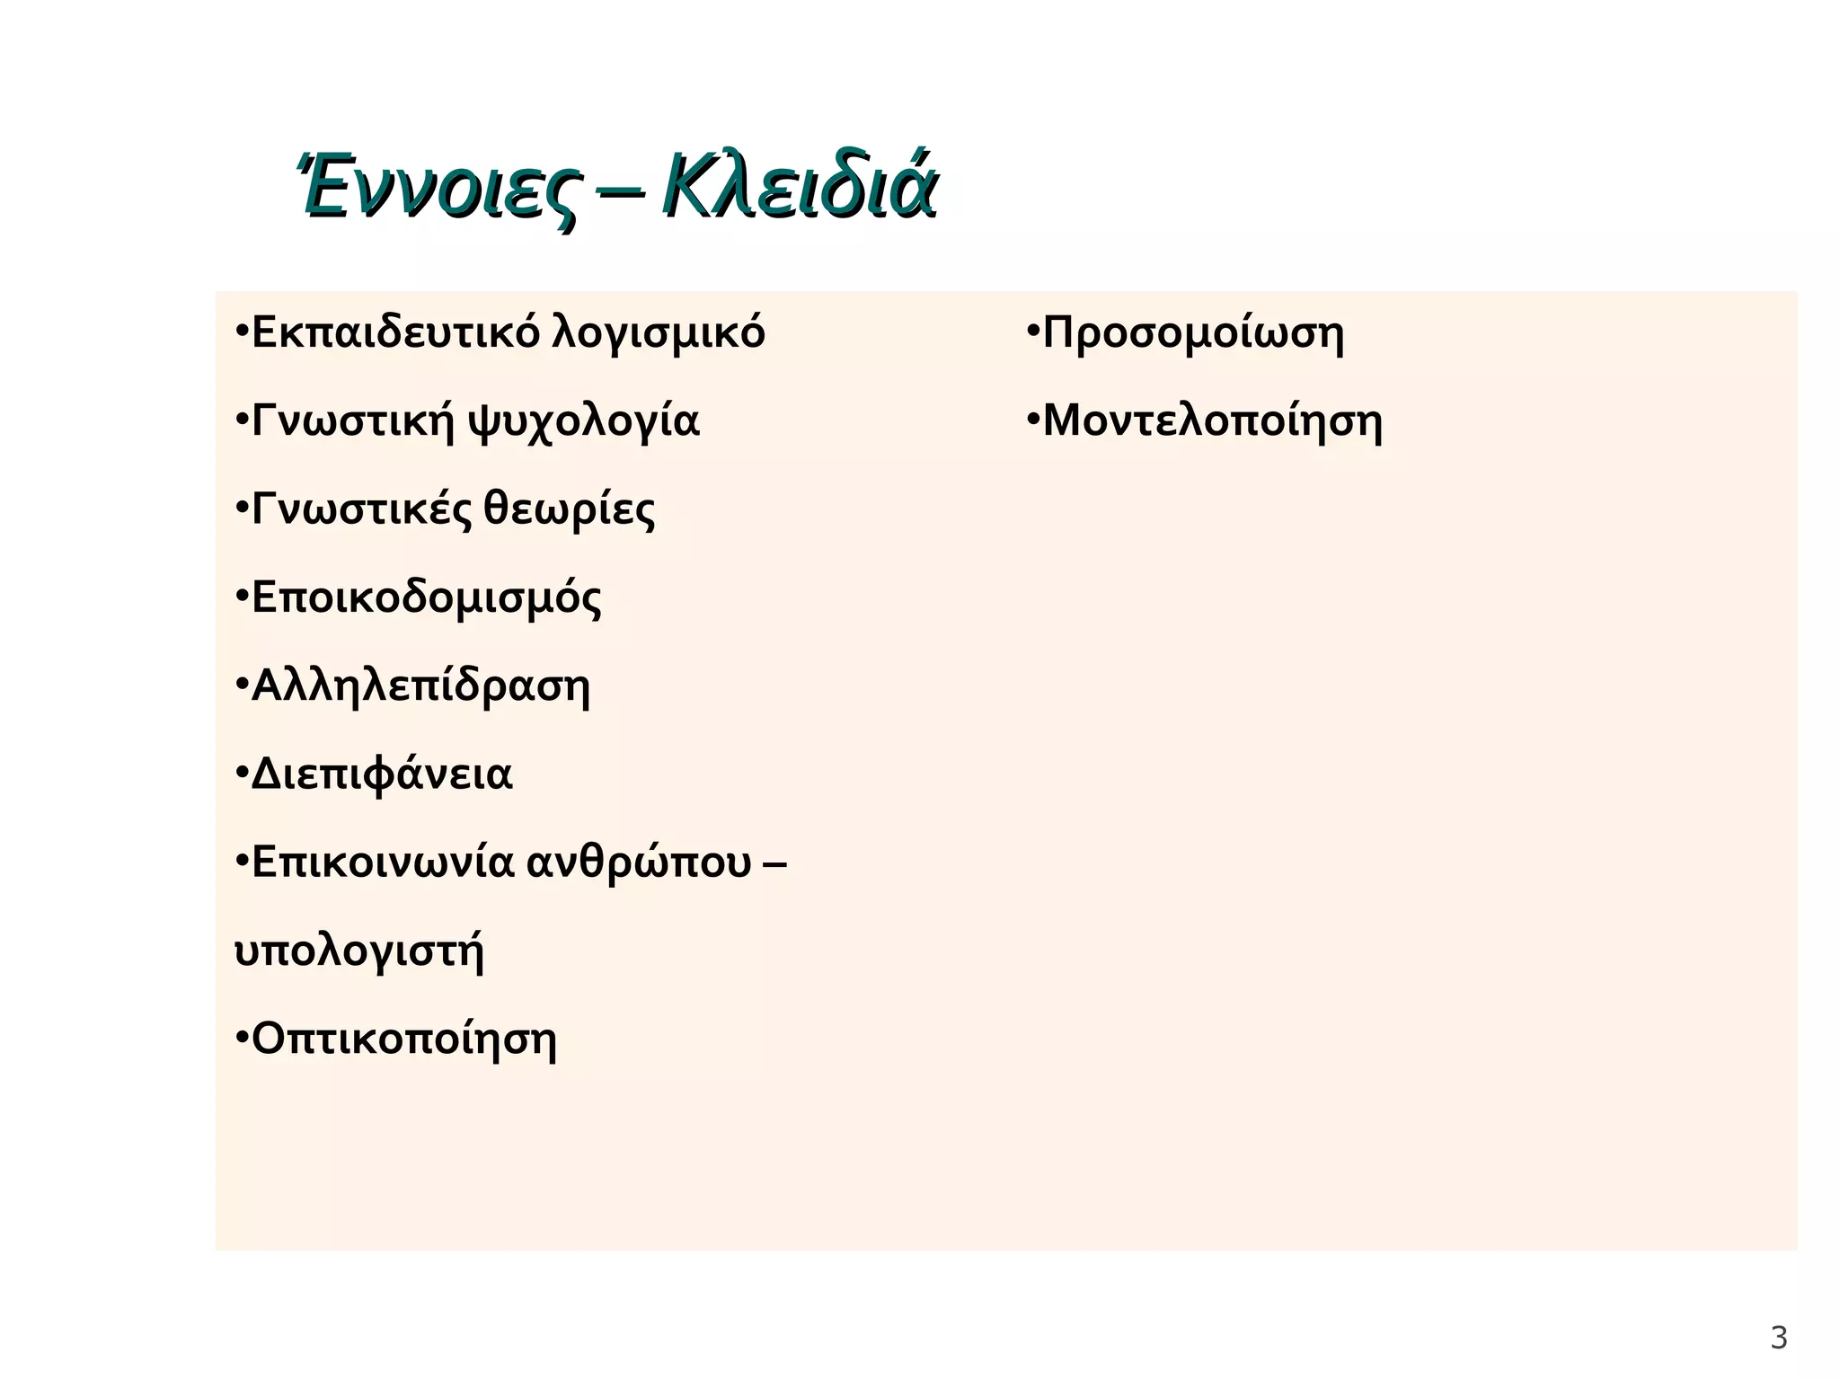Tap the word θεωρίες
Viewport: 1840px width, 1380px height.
tap(570, 509)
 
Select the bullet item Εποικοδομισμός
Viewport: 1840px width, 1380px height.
tap(426, 597)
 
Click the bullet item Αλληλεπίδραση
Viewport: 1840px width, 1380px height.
tap(420, 686)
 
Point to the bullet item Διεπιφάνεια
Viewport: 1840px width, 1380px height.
tap(381, 774)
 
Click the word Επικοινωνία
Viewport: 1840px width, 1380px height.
tap(383, 862)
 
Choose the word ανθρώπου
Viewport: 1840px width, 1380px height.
tap(638, 862)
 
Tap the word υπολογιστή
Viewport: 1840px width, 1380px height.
tap(358, 951)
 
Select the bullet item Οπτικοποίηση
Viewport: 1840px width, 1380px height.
tap(403, 1039)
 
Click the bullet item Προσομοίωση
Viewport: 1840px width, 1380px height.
tap(1193, 333)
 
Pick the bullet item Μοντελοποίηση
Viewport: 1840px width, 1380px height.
tap(1212, 421)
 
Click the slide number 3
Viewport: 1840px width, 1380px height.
tap(1778, 1339)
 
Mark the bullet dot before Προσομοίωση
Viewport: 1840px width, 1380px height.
tap(1033, 332)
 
